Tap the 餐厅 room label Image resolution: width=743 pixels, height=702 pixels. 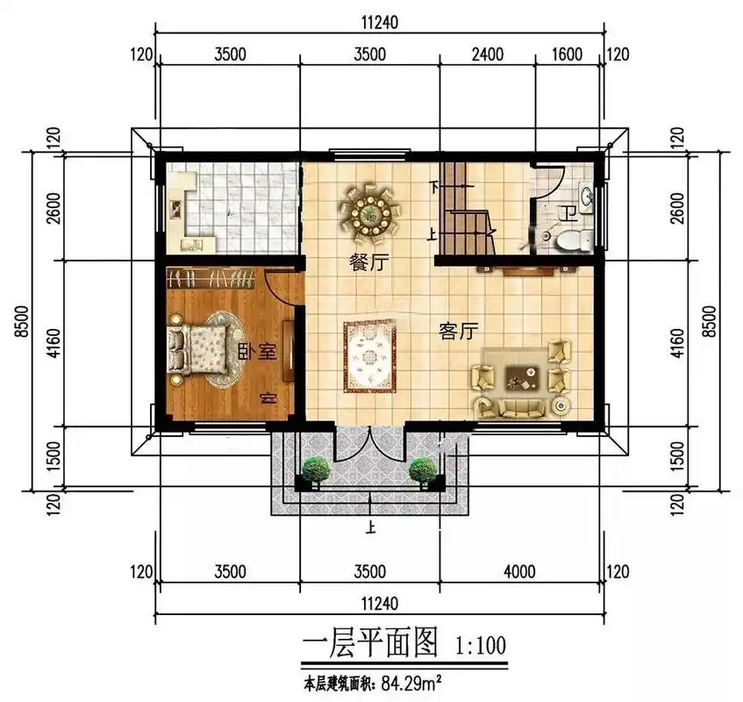pyautogui.click(x=368, y=262)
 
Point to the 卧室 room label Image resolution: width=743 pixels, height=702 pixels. pyautogui.click(x=257, y=353)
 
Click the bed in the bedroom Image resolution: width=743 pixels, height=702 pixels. pyautogui.click(x=206, y=351)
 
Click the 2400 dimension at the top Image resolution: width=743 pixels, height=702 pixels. pyautogui.click(x=488, y=54)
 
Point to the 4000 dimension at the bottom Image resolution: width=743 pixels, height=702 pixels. pyautogui.click(x=519, y=572)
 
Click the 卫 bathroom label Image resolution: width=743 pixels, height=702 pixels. pyautogui.click(x=568, y=211)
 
